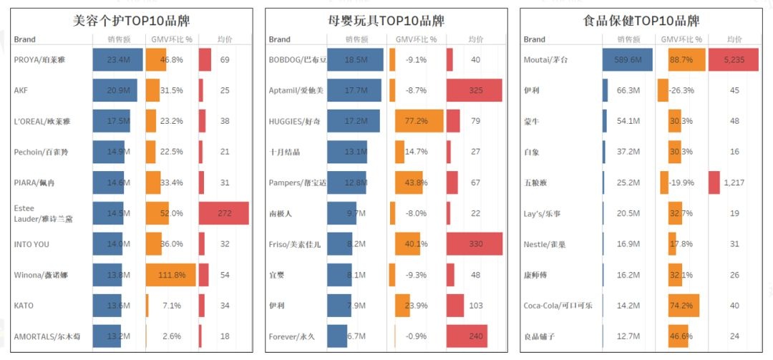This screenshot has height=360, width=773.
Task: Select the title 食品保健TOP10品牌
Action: click(x=642, y=21)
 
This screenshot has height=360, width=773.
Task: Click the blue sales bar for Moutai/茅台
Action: click(x=628, y=60)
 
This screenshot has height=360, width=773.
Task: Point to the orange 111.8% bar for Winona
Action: click(x=170, y=275)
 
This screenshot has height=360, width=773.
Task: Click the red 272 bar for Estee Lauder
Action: click(x=223, y=213)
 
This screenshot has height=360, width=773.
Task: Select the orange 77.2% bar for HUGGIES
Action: click(x=418, y=121)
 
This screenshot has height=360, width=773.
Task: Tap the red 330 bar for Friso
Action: click(x=475, y=244)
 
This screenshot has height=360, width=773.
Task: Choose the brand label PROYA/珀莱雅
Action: click(x=42, y=60)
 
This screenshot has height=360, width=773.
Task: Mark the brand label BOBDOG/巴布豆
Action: click(x=296, y=60)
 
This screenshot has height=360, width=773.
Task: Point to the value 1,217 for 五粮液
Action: click(x=734, y=183)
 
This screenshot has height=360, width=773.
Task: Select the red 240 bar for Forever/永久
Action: click(x=467, y=336)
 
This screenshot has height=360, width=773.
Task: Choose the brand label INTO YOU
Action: click(x=32, y=244)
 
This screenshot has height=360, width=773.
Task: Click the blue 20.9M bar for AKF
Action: click(x=115, y=91)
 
